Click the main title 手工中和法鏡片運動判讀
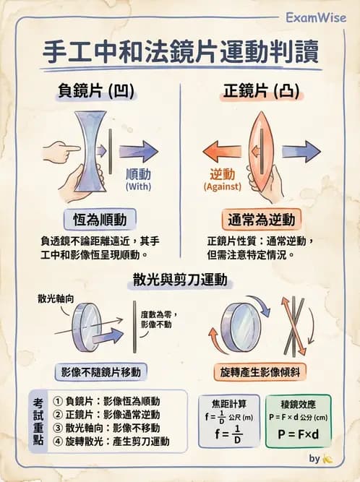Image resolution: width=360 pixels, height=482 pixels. [x=181, y=53]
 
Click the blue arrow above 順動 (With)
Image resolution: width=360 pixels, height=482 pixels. [x=138, y=152]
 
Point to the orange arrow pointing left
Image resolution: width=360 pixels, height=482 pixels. [x=222, y=152]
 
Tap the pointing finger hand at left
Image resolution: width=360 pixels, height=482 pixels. [x=61, y=151]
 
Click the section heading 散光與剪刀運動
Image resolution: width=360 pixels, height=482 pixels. [x=180, y=279]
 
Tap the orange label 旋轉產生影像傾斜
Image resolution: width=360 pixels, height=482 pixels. [x=260, y=371]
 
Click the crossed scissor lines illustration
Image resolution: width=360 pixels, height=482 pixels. [x=296, y=325]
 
